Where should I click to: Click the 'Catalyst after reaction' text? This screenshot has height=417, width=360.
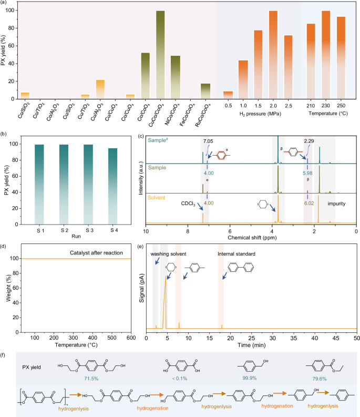pos(96,253)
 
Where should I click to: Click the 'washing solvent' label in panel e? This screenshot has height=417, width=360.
pos(169,254)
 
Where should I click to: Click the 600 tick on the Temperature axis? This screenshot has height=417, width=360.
pos(129,337)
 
